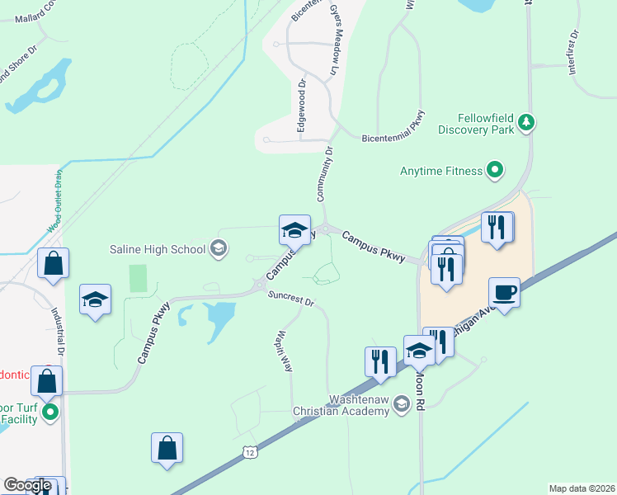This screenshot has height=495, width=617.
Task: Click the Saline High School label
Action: coord(158,248)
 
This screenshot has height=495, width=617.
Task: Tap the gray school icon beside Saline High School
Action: coord(219,247)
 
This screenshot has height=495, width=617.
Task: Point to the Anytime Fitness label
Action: coord(440,171)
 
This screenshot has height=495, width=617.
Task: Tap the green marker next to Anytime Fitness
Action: coord(494,171)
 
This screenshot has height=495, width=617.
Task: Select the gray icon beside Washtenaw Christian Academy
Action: coord(402,403)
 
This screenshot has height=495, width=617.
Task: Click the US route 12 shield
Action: coord(248,451)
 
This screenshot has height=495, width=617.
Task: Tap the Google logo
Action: coord(27,485)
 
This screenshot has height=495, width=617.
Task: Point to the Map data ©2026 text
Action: coord(582,488)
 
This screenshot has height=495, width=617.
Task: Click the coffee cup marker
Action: coord(504,292)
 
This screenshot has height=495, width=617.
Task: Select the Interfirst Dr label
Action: coord(574,54)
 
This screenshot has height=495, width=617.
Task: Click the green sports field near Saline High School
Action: coord(138,278)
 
